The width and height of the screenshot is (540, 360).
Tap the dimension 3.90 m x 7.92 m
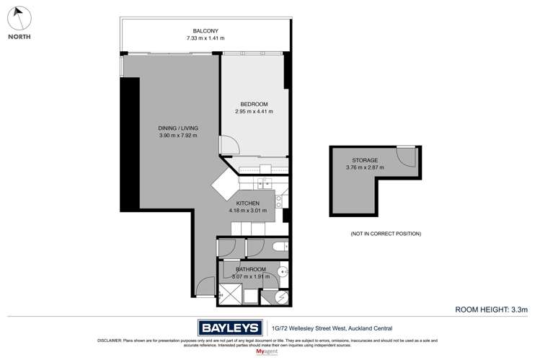point(177,136)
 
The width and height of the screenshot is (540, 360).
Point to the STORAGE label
point(367,159)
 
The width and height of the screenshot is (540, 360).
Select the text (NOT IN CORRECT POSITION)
point(386,234)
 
